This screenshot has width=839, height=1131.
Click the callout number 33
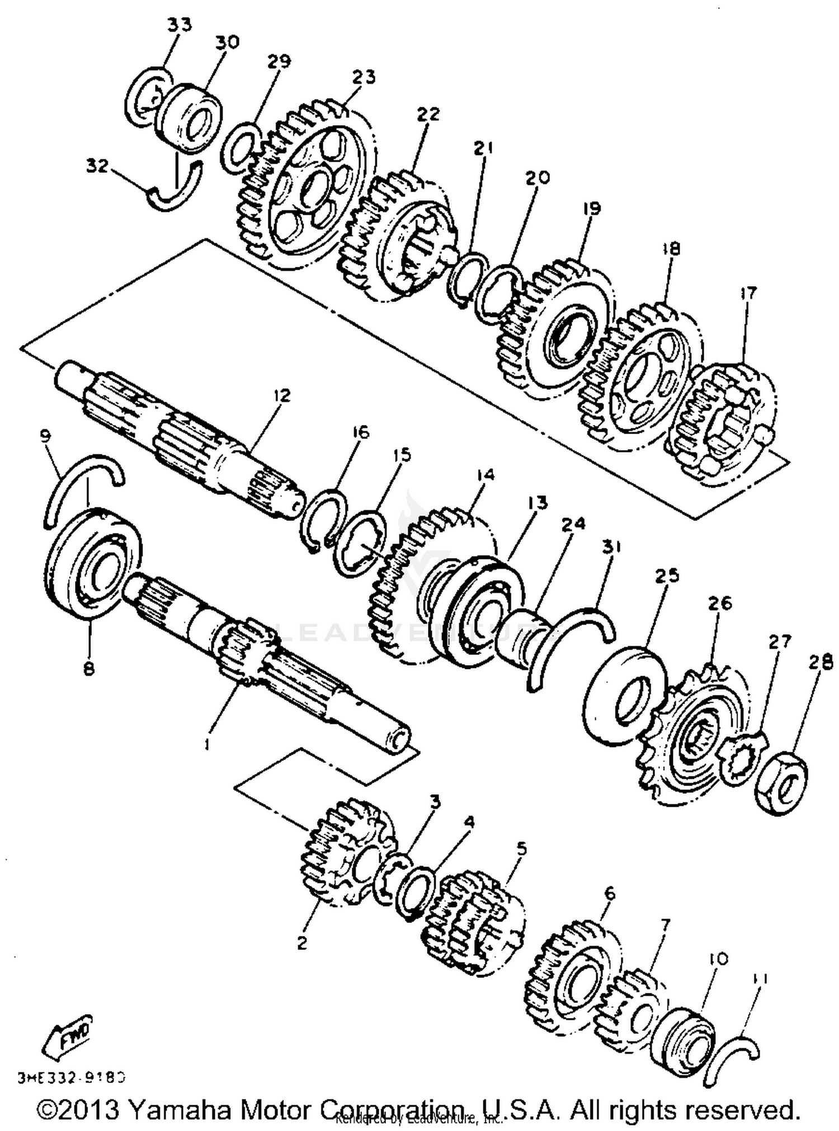point(179,25)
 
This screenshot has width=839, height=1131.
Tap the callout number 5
point(521,849)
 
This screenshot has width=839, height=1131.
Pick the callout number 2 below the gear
point(302,944)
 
